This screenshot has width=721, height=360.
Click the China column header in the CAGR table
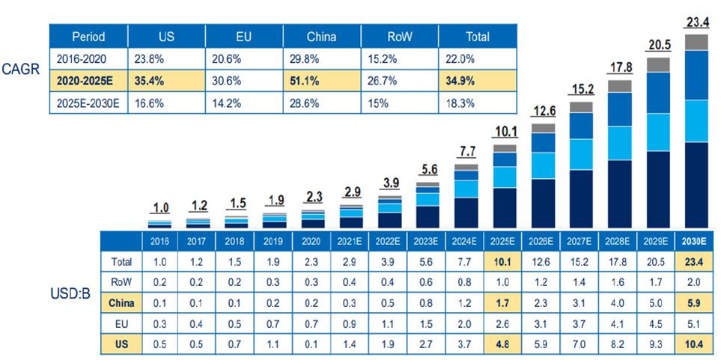coord(321,36)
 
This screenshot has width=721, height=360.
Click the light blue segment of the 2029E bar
coord(658,132)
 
